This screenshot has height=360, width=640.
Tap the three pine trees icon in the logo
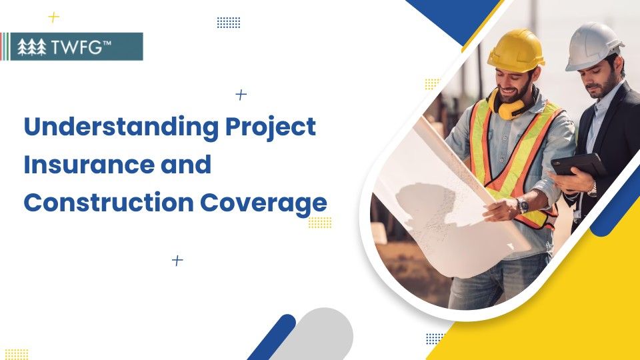(x=32, y=47)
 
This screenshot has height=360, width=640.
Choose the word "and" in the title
(x=184, y=165)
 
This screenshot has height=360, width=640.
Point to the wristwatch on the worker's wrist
(x=523, y=205)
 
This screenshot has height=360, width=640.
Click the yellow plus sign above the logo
(x=54, y=17)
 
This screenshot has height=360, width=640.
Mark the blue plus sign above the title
(x=241, y=95)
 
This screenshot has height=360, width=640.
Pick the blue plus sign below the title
(x=177, y=260)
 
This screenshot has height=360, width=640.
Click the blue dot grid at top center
(x=229, y=23)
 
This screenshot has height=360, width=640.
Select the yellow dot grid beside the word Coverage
(x=320, y=223)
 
